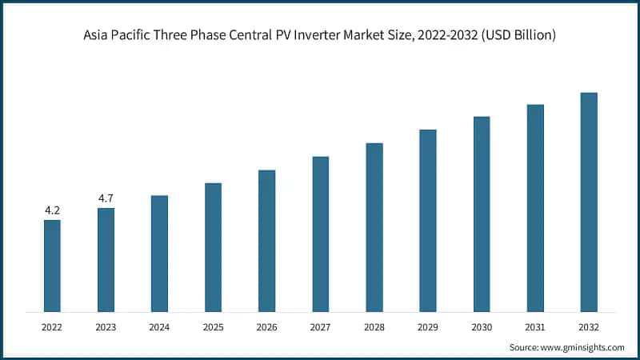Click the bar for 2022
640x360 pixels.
point(52,266)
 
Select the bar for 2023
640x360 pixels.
point(106,260)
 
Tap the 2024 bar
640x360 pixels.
point(159,254)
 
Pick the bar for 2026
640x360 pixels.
point(266,241)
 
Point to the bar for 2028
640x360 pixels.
point(374,227)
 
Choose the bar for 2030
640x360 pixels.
point(482,214)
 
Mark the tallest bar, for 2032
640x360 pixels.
point(589,202)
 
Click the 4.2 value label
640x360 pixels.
point(52,210)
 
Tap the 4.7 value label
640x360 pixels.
point(106,198)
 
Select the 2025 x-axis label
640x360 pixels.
point(213,326)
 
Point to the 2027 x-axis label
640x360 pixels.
point(320,326)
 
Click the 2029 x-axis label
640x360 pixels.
point(428,326)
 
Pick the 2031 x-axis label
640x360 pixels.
point(535,326)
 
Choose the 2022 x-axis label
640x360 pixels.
point(52,326)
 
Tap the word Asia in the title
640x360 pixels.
point(97,36)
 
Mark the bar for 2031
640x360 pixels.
point(535,208)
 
